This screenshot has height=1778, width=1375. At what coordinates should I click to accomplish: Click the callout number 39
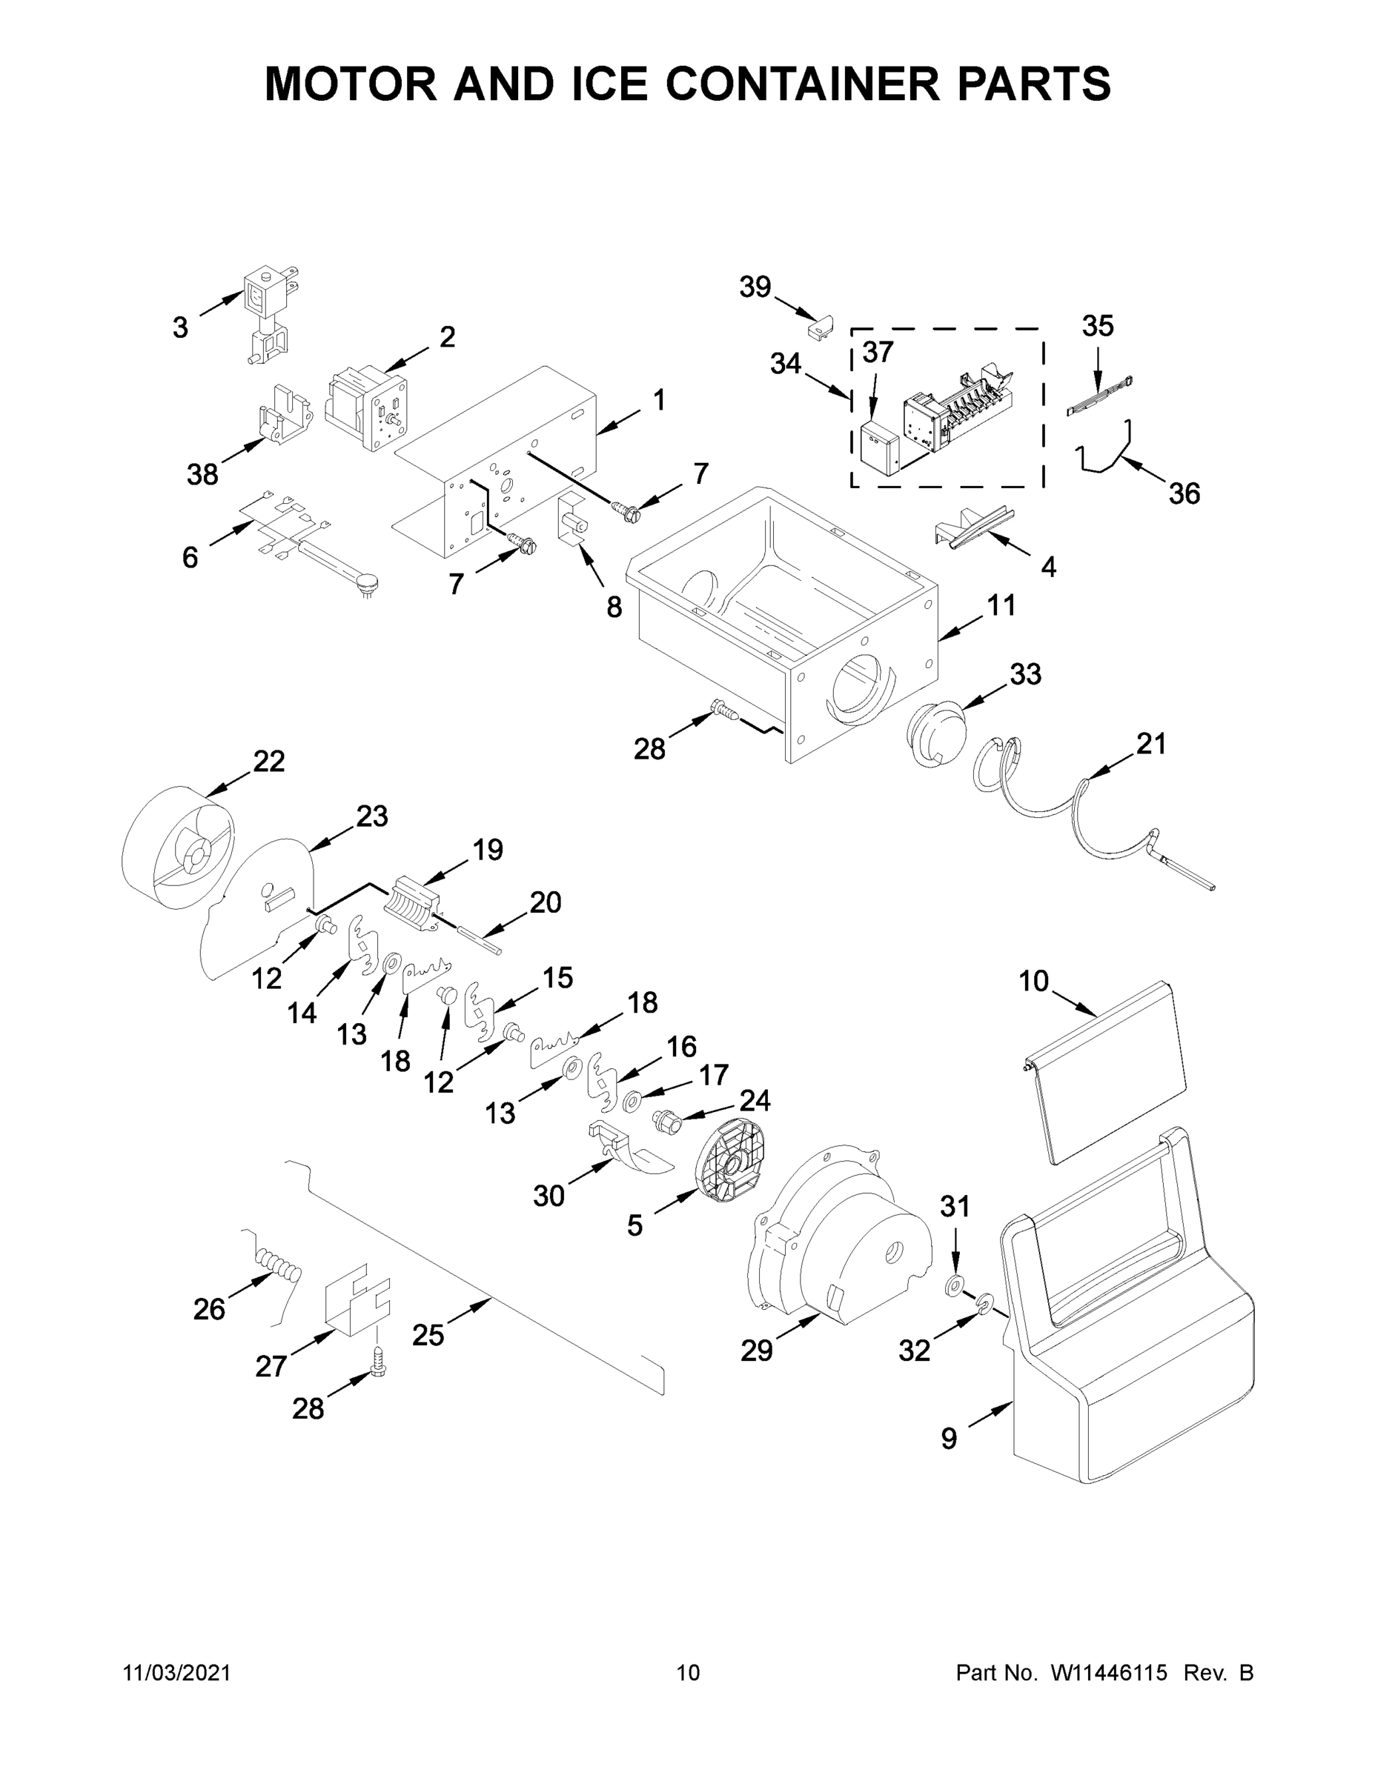(755, 287)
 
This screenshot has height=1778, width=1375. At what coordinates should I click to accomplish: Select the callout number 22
(269, 761)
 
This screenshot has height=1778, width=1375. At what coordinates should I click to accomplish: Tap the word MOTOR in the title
(351, 83)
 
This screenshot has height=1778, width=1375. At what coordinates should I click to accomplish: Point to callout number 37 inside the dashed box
(878, 352)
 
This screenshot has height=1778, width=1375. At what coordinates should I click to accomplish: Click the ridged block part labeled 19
(411, 901)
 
